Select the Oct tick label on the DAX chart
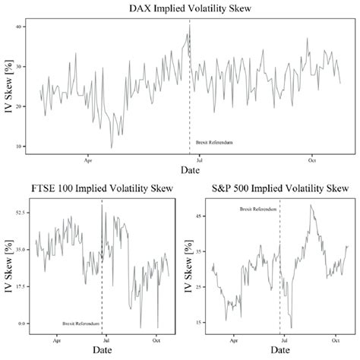coord(311,160)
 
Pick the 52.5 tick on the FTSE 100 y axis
coord(21,213)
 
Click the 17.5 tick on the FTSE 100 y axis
coord(21,286)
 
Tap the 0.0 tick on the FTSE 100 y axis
coord(22,323)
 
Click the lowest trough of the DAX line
coord(112,148)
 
